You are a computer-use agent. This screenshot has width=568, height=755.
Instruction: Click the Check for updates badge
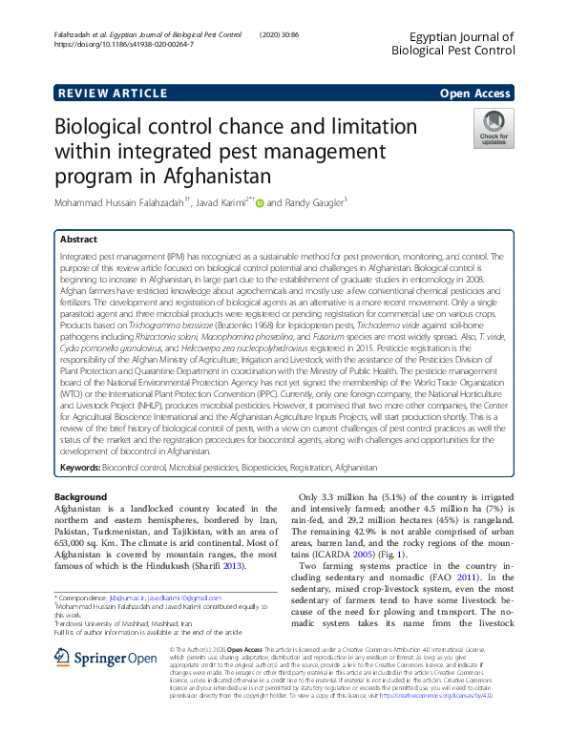[x=494, y=129]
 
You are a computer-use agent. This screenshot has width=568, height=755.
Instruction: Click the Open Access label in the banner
[x=474, y=93]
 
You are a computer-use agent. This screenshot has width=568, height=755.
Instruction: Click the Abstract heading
[x=80, y=240]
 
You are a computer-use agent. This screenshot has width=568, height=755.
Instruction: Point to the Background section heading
[x=80, y=497]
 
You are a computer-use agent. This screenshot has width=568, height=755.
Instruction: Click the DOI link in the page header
[x=124, y=45]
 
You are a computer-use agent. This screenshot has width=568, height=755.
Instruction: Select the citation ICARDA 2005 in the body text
[x=347, y=555]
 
